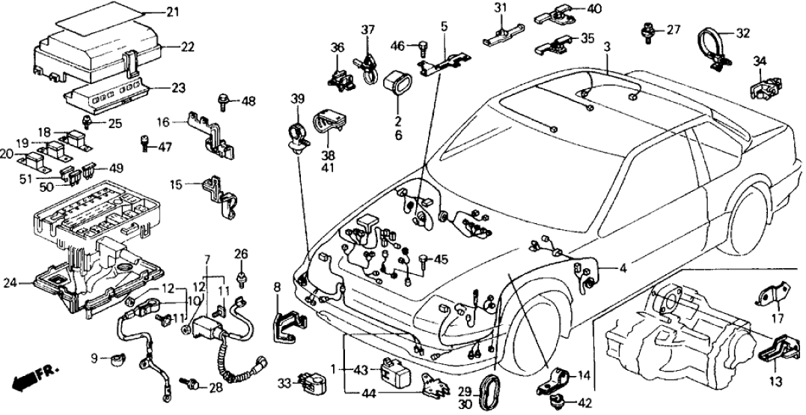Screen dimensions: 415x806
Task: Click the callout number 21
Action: [173, 12]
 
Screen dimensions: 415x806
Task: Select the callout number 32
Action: [742, 33]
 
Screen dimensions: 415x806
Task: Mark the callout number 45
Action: [441, 260]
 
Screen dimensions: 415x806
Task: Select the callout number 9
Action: [94, 357]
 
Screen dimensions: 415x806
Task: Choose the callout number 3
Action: [608, 47]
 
